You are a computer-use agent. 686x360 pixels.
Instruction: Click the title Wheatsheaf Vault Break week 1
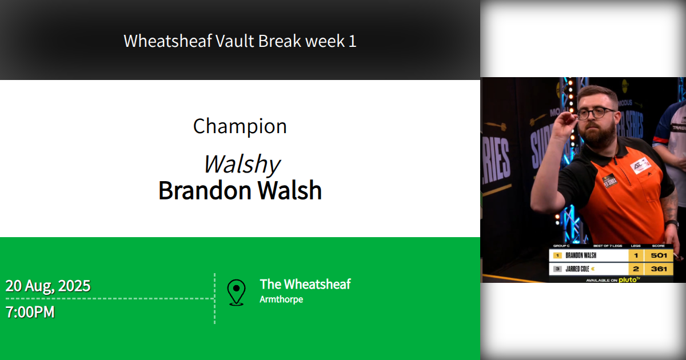pyautogui.click(x=240, y=41)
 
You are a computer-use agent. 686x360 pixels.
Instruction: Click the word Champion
pyautogui.click(x=240, y=126)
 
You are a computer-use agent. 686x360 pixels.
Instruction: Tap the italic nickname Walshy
pyautogui.click(x=241, y=165)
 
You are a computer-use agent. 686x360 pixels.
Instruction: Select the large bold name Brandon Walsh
pyautogui.click(x=240, y=190)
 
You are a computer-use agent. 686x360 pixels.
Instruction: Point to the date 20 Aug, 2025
pyautogui.click(x=48, y=286)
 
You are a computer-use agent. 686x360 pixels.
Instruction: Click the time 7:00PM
pyautogui.click(x=30, y=313)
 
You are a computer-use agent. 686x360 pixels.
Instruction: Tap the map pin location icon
pyautogui.click(x=236, y=292)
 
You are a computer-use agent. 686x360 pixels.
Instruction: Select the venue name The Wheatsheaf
pyautogui.click(x=305, y=284)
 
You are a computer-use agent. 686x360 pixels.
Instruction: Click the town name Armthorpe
pyautogui.click(x=281, y=299)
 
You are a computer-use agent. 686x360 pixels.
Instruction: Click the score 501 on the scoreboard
pyautogui.click(x=658, y=255)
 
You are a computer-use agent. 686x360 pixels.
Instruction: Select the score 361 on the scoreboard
pyautogui.click(x=658, y=269)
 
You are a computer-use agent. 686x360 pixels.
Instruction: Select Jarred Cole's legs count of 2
pyautogui.click(x=636, y=269)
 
